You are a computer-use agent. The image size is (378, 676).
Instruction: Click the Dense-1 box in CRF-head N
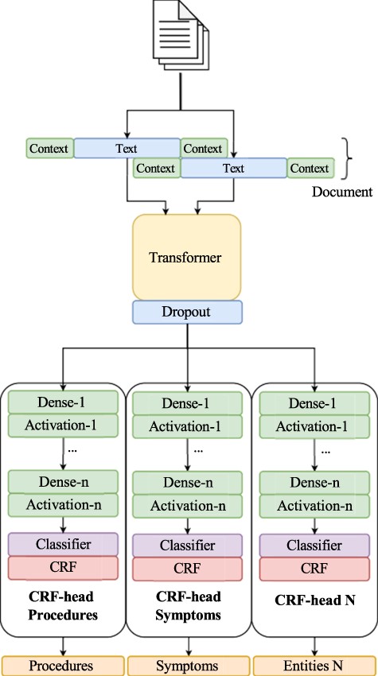pyautogui.click(x=314, y=403)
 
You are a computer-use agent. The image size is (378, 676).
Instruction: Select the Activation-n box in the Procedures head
pyautogui.click(x=62, y=503)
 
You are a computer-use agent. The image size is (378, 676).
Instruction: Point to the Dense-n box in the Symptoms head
pyautogui.click(x=188, y=482)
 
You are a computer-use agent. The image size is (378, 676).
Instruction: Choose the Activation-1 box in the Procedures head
pyautogui.click(x=62, y=425)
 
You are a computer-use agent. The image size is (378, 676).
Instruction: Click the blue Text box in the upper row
pyautogui.click(x=127, y=148)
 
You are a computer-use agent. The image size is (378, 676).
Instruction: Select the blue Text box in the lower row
pyautogui.click(x=233, y=169)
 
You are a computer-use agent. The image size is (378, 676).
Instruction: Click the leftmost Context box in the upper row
pyautogui.click(x=49, y=148)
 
